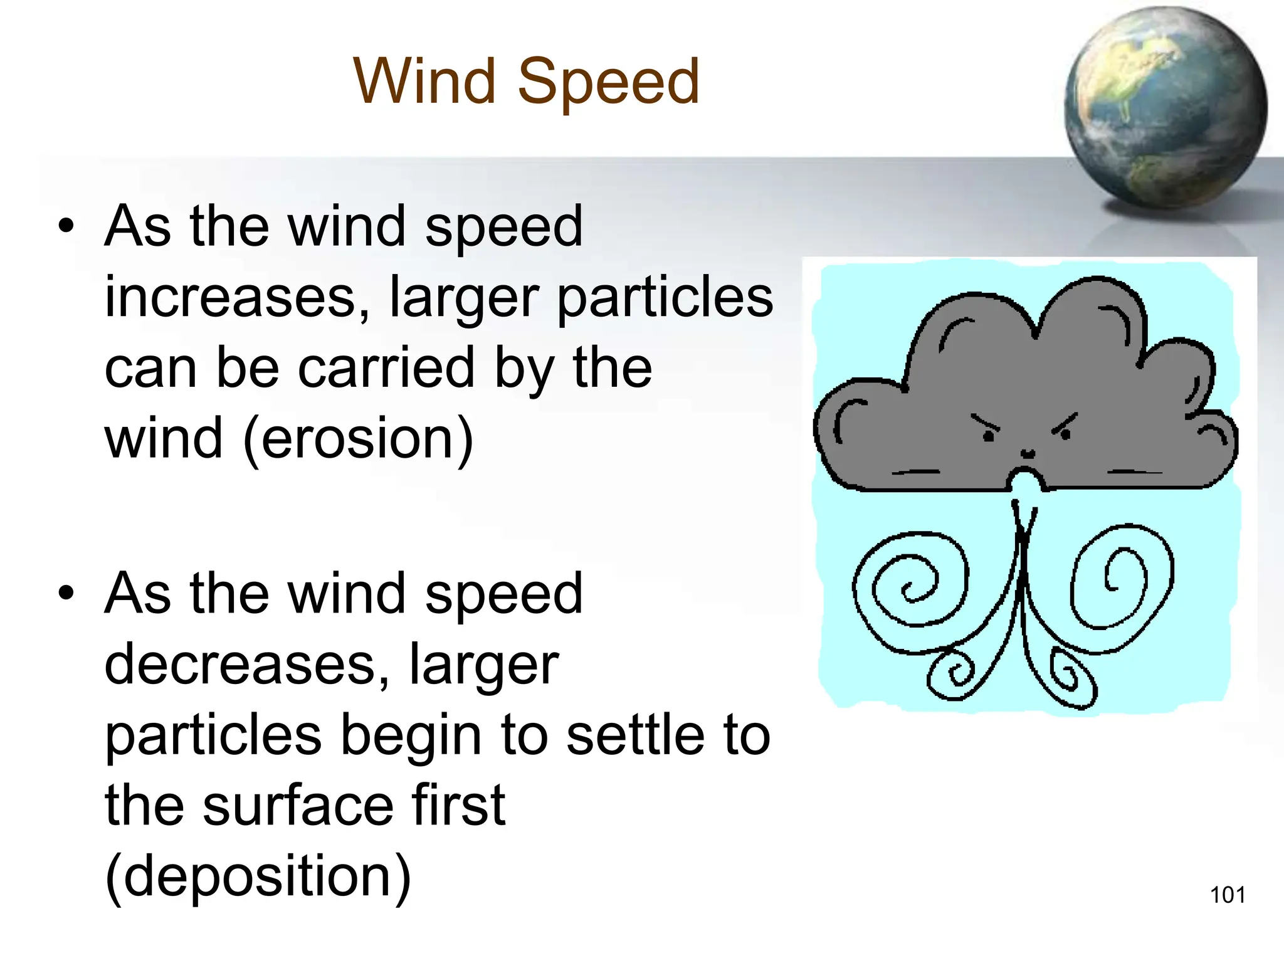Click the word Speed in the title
pyautogui.click(x=608, y=82)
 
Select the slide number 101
pyautogui.click(x=1227, y=895)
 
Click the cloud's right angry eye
pyautogui.click(x=1065, y=433)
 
